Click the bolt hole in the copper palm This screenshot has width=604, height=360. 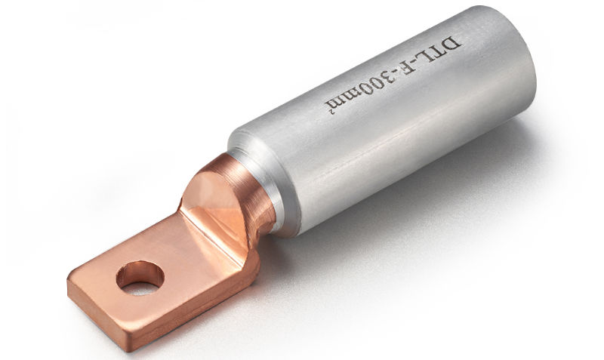pyautogui.click(x=140, y=277)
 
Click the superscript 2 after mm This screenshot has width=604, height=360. pyautogui.click(x=330, y=112)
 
